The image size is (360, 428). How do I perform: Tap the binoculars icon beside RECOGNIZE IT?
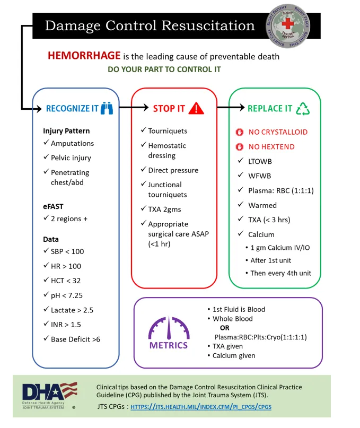(x=107, y=108)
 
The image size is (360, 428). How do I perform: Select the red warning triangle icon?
(x=196, y=108)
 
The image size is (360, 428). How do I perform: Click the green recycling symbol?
(x=303, y=108)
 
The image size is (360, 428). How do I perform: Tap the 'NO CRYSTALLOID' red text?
(x=278, y=132)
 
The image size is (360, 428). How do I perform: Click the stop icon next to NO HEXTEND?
(x=239, y=147)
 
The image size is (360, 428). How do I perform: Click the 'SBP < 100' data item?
(x=67, y=251)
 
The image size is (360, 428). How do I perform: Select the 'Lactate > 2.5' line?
(x=72, y=310)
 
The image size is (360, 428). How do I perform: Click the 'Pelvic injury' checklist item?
(x=71, y=158)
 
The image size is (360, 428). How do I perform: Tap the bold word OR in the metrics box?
(x=224, y=328)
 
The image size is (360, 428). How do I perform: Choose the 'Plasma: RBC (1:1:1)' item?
(x=281, y=190)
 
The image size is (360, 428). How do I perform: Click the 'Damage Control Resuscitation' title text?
(x=150, y=25)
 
